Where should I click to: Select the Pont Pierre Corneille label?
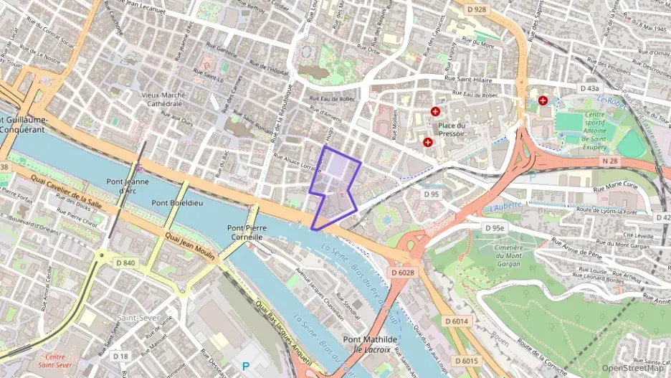pyautogui.click(x=246, y=232)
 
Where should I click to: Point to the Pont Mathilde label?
pyautogui.click(x=370, y=339)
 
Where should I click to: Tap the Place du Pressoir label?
pyautogui.click(x=452, y=128)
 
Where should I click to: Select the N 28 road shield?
pyautogui.click(x=609, y=161)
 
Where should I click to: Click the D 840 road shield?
pyautogui.click(x=126, y=263)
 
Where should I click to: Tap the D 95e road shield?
pyautogui.click(x=494, y=228)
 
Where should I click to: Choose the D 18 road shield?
pyautogui.click(x=120, y=356)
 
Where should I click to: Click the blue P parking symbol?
pyautogui.click(x=247, y=366)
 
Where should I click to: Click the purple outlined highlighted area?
pyautogui.click(x=335, y=186)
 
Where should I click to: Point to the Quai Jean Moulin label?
pyautogui.click(x=189, y=245)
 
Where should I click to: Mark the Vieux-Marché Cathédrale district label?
pyautogui.click(x=163, y=99)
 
